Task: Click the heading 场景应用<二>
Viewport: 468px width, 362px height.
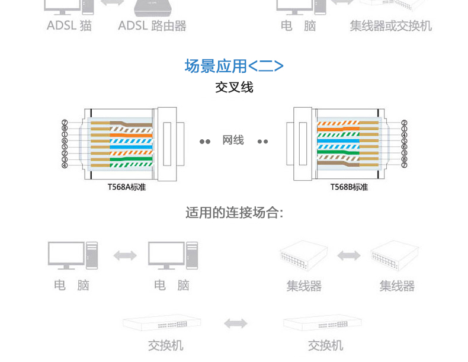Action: (234, 66)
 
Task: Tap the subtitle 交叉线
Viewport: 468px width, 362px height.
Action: (234, 88)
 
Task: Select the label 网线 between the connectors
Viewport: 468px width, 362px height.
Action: (233, 140)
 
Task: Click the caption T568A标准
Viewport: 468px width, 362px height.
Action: (126, 187)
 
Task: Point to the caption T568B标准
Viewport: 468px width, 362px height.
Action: (349, 187)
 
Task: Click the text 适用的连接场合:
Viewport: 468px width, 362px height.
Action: (234, 213)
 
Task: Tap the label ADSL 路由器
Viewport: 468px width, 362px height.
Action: (152, 26)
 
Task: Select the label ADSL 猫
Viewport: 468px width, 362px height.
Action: (69, 26)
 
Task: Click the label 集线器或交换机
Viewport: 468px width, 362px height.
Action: (390, 26)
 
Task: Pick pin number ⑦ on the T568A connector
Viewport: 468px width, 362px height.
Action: (65, 123)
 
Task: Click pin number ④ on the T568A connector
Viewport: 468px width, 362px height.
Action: (65, 165)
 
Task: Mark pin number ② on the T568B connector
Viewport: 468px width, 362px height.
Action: (404, 123)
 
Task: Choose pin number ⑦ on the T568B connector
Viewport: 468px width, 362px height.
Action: (404, 165)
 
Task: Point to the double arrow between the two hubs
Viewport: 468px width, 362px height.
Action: (348, 255)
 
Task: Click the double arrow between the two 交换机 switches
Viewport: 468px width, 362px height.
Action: (236, 323)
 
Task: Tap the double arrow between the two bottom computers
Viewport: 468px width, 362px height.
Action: (124, 255)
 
